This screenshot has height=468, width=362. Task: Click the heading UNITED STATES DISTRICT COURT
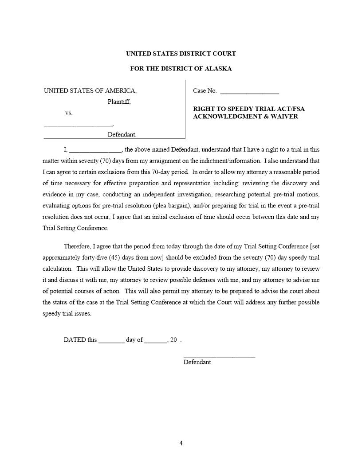(181, 54)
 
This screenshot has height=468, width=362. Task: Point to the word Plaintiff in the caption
(119, 102)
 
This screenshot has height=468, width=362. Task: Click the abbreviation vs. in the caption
(69, 113)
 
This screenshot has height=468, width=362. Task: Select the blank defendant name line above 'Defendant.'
(79, 126)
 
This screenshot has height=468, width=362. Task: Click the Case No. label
(205, 91)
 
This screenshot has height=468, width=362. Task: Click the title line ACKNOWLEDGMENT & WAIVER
(245, 117)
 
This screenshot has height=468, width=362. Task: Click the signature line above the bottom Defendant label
(219, 357)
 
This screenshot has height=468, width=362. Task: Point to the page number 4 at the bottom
(181, 443)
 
